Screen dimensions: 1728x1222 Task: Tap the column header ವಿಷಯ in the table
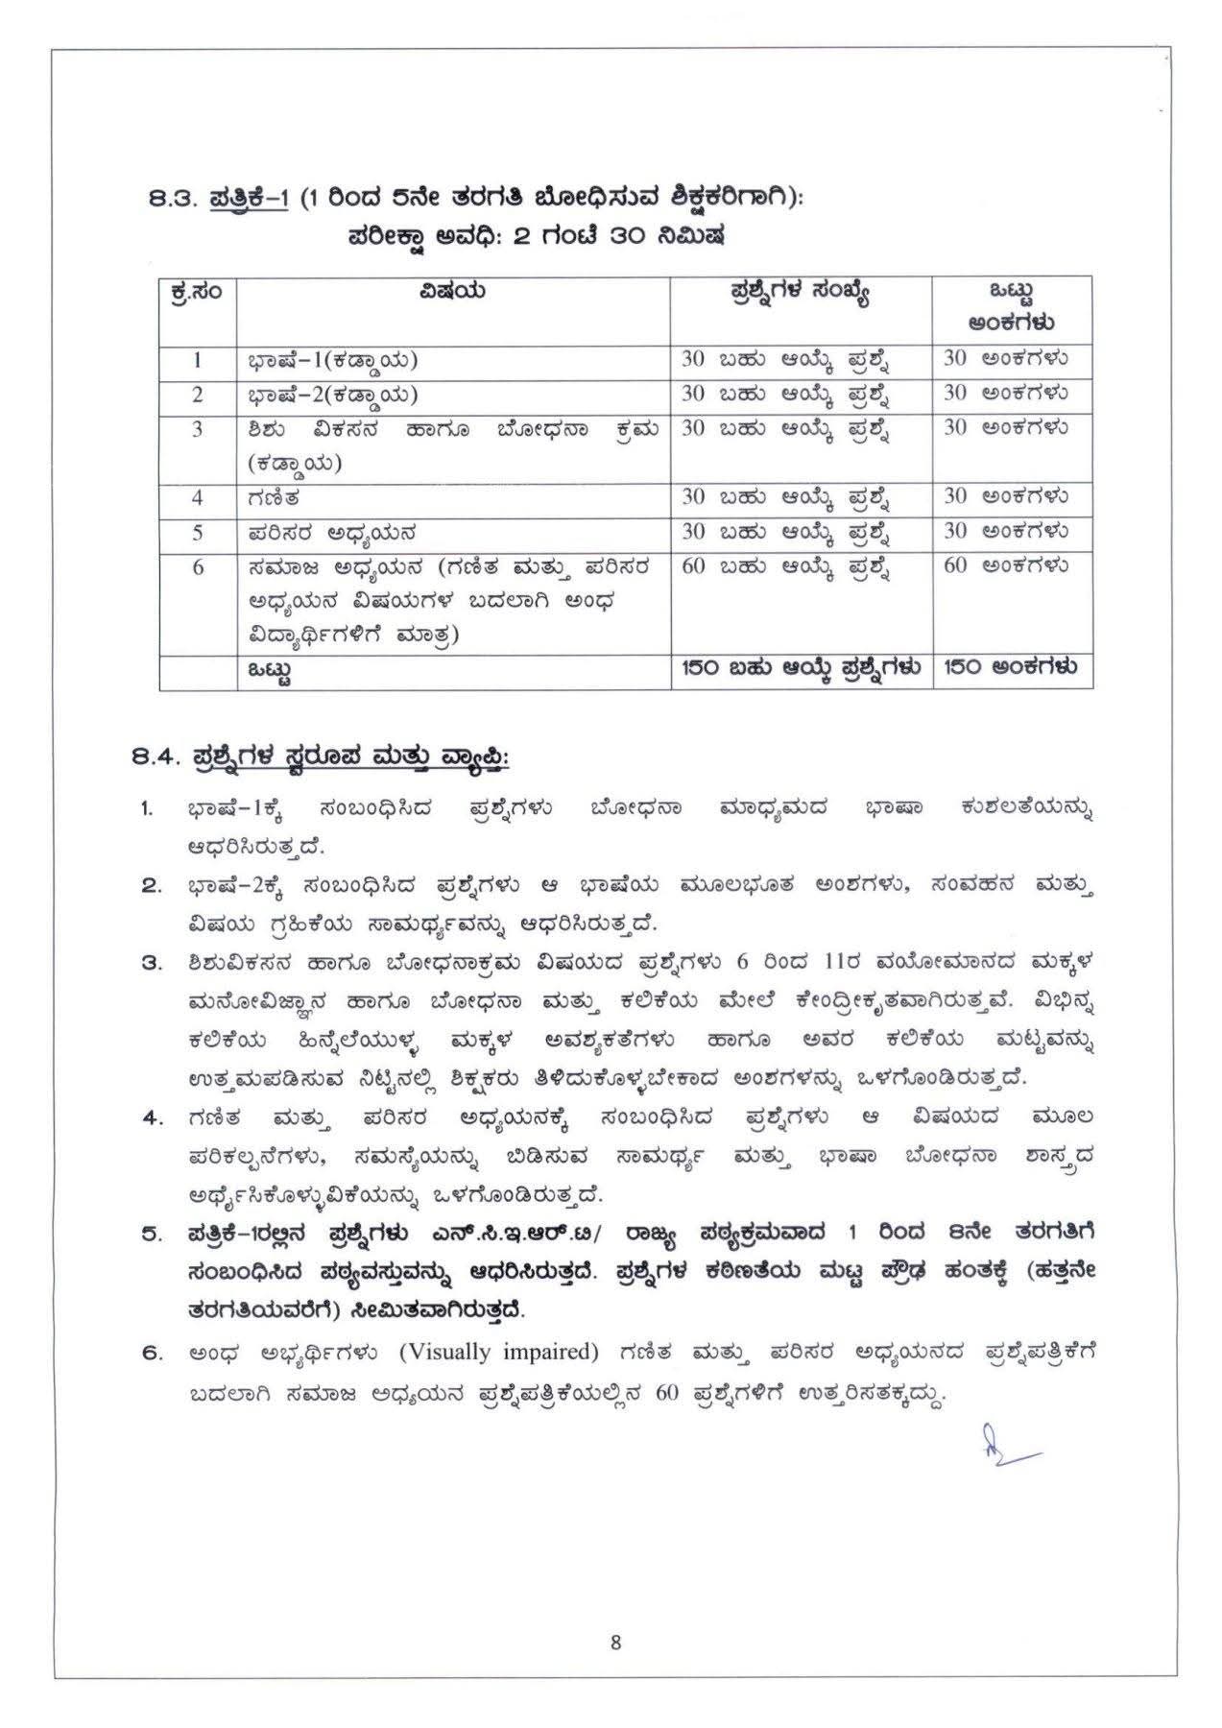(x=452, y=290)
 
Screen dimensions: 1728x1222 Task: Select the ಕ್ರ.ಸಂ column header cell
(x=198, y=291)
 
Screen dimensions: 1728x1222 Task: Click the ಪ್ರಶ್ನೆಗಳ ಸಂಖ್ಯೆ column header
(x=800, y=291)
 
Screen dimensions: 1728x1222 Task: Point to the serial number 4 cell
(x=198, y=497)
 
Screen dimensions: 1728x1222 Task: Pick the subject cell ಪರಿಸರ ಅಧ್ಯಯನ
(x=331, y=532)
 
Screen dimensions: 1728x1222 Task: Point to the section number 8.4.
(x=156, y=757)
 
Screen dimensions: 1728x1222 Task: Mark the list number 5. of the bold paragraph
(x=153, y=1235)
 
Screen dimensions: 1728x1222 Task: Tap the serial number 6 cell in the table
(x=198, y=566)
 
